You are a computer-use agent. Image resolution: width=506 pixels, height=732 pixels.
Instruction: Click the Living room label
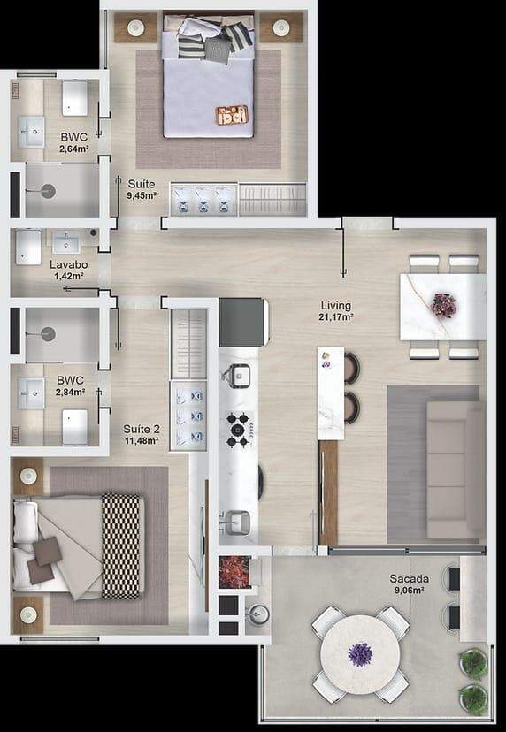click(x=336, y=306)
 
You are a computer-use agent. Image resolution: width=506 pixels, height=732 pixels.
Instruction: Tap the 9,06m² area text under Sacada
click(x=410, y=590)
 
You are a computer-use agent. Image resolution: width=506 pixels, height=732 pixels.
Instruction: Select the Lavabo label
click(x=69, y=264)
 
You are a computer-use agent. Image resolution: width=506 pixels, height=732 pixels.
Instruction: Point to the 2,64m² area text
click(x=74, y=149)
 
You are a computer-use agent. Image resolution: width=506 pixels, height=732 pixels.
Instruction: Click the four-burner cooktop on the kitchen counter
click(x=238, y=430)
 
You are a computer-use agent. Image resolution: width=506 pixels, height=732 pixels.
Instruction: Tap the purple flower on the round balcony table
click(x=360, y=654)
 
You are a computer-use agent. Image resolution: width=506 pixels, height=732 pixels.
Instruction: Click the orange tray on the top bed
click(x=232, y=115)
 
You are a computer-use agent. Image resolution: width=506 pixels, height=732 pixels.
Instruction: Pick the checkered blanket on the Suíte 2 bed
click(x=121, y=545)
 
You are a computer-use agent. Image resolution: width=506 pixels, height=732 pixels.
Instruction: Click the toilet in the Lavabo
click(x=28, y=246)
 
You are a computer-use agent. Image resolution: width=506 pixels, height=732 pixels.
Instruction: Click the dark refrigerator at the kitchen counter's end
click(x=243, y=322)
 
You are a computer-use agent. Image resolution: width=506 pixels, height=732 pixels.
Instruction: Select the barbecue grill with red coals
click(x=234, y=571)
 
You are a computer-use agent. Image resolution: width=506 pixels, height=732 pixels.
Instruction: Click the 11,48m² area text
click(x=142, y=440)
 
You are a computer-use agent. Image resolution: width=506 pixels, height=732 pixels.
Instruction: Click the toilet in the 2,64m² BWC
click(x=75, y=98)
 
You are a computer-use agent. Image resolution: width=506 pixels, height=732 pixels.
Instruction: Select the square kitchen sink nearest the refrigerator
click(x=240, y=376)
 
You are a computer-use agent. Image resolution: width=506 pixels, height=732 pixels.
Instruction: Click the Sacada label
click(x=410, y=579)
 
